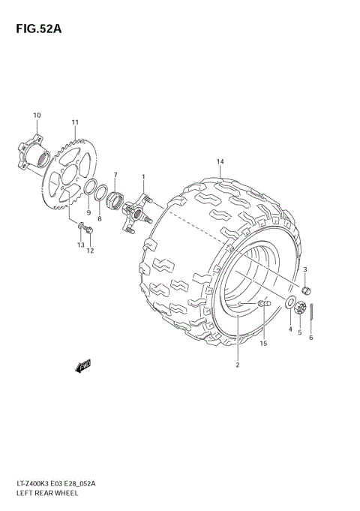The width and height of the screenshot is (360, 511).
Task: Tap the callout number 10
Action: click(x=37, y=115)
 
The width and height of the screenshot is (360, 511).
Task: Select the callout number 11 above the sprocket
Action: click(x=75, y=122)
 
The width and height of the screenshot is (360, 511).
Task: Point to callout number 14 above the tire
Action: click(x=220, y=162)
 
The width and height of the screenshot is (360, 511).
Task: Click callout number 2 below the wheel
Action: click(x=238, y=365)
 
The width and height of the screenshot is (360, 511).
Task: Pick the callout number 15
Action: click(x=263, y=343)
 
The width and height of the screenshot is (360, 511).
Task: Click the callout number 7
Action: click(x=115, y=175)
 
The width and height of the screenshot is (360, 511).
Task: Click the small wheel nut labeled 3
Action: click(x=305, y=290)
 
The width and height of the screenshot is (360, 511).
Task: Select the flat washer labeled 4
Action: click(x=290, y=304)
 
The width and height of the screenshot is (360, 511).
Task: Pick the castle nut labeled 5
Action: click(x=300, y=308)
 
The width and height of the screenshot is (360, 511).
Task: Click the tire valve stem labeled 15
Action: click(x=263, y=303)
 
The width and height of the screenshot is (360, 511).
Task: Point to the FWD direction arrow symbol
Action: click(x=82, y=366)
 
